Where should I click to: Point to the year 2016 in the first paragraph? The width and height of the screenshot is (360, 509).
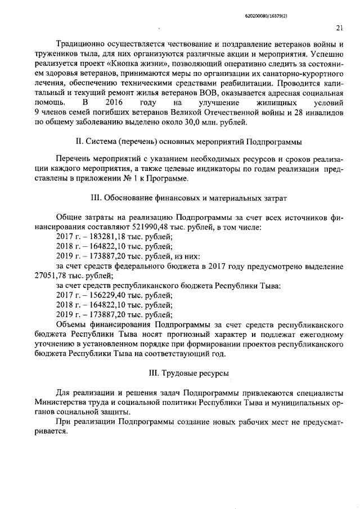click(x=114, y=103)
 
